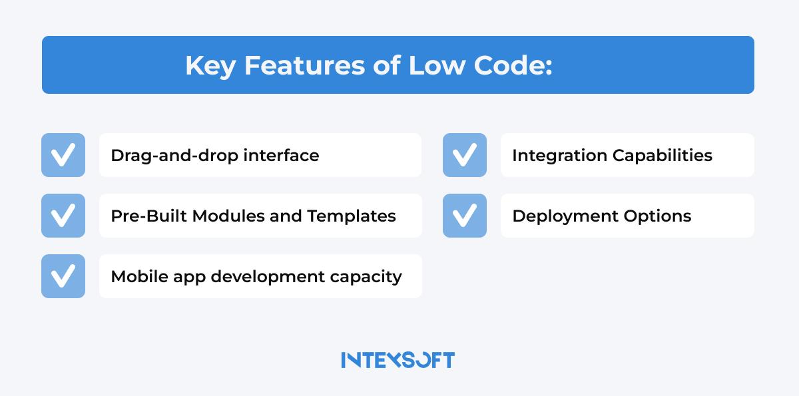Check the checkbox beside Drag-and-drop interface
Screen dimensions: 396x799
pyautogui.click(x=63, y=155)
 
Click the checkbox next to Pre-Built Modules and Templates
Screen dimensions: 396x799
pyautogui.click(x=63, y=216)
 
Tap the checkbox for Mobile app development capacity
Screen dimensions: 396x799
pyautogui.click(x=63, y=276)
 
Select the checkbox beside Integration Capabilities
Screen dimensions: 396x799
pyautogui.click(x=465, y=155)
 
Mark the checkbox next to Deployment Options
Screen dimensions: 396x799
pyautogui.click(x=465, y=216)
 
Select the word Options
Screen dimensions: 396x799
pyautogui.click(x=659, y=216)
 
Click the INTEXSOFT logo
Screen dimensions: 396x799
pyautogui.click(x=398, y=360)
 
